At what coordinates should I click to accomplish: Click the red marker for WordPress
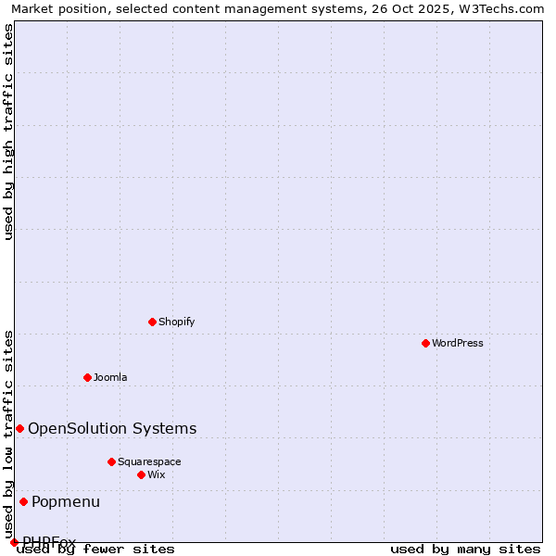pyautogui.click(x=425, y=343)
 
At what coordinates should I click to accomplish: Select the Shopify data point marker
pyautogui.click(x=152, y=322)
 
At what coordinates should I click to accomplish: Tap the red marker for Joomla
pyautogui.click(x=87, y=377)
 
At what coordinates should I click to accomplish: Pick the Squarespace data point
pyautogui.click(x=111, y=461)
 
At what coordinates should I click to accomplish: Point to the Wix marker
pyautogui.click(x=141, y=474)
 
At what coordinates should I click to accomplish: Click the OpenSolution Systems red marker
pyautogui.click(x=19, y=428)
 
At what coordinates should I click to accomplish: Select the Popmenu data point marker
pyautogui.click(x=23, y=501)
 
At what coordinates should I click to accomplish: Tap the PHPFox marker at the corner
pyautogui.click(x=14, y=542)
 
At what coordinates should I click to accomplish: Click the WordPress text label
pyautogui.click(x=458, y=343)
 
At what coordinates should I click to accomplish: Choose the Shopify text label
pyautogui.click(x=176, y=322)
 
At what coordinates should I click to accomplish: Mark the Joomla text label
pyautogui.click(x=110, y=377)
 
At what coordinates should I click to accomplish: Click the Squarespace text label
pyautogui.click(x=149, y=461)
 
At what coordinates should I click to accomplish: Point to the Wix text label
pyautogui.click(x=156, y=474)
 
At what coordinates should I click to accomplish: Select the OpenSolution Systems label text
pyautogui.click(x=112, y=428)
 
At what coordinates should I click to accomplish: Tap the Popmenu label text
pyautogui.click(x=66, y=501)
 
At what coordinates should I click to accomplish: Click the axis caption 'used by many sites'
pyautogui.click(x=465, y=549)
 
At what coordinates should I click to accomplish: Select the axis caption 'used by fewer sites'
pyautogui.click(x=96, y=549)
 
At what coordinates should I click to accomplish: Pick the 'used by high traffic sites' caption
pyautogui.click(x=8, y=132)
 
